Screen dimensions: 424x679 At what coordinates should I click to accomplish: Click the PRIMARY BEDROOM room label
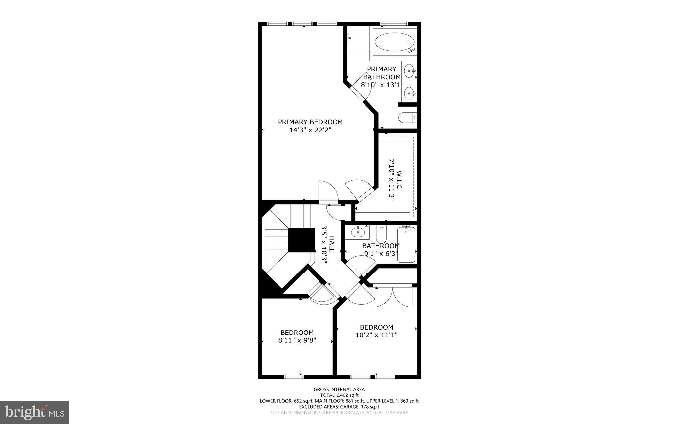point(310,122)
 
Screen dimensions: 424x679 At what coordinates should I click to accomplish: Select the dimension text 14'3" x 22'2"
point(310,130)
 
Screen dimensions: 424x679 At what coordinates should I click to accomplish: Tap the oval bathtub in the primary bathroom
point(395,42)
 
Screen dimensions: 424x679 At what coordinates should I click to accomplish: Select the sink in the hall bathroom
point(358,232)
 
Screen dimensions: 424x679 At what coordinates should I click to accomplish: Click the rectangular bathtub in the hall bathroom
point(406,244)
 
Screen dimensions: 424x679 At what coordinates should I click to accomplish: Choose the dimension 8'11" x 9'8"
point(297,340)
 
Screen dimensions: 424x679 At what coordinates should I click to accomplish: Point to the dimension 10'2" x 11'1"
point(376,335)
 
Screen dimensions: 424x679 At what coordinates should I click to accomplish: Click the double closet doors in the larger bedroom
point(393,297)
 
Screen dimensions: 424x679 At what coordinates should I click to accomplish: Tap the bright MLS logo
point(34,412)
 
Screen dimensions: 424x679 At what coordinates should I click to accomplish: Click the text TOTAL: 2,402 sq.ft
point(339,395)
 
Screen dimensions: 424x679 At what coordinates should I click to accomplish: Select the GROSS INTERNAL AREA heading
point(339,389)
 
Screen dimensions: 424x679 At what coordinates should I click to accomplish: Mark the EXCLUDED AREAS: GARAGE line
point(339,407)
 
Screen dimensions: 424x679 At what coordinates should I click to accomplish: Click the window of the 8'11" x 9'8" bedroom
point(294,376)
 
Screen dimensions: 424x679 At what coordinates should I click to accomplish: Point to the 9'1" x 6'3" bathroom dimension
point(381,254)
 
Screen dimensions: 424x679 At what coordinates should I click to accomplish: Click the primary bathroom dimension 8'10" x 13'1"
point(382,85)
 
